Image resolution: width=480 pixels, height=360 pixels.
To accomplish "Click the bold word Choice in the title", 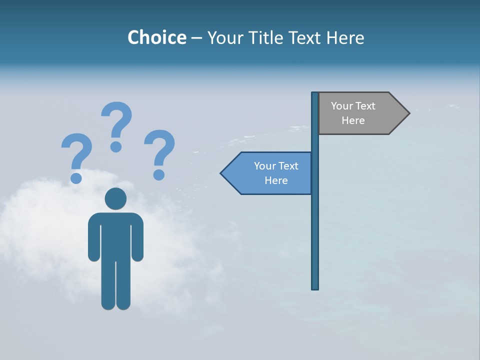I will [x=156, y=37].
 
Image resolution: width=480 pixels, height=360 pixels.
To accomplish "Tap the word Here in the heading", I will [x=345, y=37].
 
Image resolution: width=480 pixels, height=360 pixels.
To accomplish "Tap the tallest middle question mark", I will [x=117, y=120].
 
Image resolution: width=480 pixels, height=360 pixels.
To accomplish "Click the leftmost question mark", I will [x=76, y=152].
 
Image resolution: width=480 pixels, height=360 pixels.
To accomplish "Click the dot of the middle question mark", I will [x=116, y=146].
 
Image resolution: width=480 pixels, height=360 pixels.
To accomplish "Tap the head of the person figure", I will [x=115, y=198].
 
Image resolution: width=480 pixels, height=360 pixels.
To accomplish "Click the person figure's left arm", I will [x=94, y=240].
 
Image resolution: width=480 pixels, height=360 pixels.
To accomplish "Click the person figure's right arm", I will [x=137, y=240].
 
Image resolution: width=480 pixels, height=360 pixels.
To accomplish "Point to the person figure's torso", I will [x=115, y=235].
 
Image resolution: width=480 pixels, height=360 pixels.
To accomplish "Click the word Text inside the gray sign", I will [x=365, y=106].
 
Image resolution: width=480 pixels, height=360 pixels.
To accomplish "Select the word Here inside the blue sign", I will [x=276, y=180].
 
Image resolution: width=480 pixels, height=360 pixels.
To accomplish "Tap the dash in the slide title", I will [x=196, y=38].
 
